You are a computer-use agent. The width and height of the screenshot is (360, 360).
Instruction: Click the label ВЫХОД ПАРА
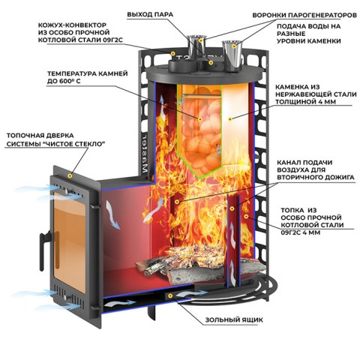point(150,14)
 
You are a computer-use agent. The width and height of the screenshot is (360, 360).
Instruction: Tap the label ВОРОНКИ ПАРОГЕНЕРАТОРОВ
point(304,15)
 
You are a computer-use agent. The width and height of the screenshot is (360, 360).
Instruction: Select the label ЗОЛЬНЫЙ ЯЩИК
point(234,319)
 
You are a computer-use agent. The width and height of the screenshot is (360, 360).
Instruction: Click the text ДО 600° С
point(64,81)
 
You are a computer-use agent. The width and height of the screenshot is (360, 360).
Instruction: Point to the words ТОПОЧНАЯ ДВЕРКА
point(40,136)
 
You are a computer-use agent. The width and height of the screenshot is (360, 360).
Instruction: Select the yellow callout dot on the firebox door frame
point(70,175)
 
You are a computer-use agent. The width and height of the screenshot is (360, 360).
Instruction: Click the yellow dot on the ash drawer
point(170,296)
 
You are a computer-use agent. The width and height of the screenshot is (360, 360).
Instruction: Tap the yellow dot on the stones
point(200,119)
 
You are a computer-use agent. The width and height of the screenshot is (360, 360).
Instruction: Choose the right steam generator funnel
point(232,55)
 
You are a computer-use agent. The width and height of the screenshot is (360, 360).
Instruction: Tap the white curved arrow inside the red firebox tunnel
point(112,214)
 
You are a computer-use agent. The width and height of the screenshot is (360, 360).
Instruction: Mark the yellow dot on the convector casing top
point(172,53)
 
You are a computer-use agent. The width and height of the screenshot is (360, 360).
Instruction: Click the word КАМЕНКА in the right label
point(289,87)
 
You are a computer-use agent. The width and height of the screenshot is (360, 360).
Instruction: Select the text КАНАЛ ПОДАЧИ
point(304,163)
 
